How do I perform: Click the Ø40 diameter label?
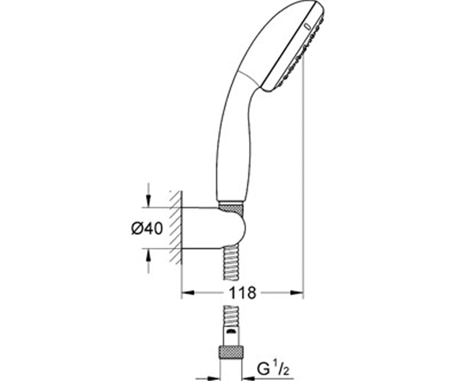tap(147, 229)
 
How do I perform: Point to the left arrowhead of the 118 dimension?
tap(188, 293)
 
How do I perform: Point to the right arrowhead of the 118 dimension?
tap(297, 293)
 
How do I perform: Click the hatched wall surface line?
tap(182, 228)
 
